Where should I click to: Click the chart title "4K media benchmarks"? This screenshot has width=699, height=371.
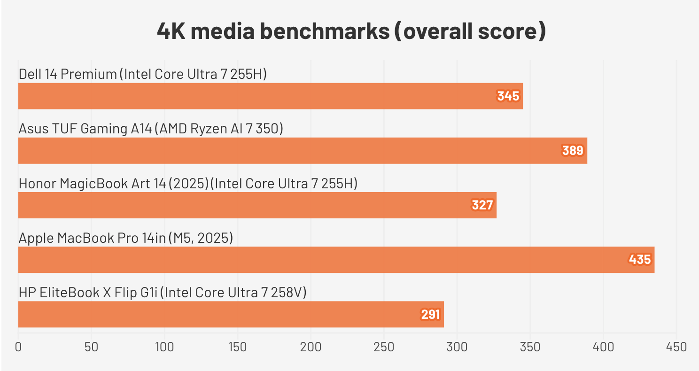[351, 31]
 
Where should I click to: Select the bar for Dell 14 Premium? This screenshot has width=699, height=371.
[270, 96]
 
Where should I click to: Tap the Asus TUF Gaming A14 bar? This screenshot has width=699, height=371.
[303, 151]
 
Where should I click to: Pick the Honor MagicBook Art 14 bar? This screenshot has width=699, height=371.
[257, 205]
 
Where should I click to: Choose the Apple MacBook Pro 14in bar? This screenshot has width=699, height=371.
[336, 260]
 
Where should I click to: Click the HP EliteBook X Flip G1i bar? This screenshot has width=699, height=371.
[231, 314]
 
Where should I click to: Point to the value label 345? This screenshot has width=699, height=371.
[508, 96]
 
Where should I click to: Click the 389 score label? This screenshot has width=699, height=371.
[573, 151]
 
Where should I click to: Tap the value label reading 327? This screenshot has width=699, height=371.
[482, 205]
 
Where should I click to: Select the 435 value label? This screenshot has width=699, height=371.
[640, 260]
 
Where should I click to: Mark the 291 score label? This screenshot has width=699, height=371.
[430, 314]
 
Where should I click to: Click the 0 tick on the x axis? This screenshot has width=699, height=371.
[18, 348]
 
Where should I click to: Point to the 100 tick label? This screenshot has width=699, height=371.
[164, 348]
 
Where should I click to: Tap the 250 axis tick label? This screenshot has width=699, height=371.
[384, 348]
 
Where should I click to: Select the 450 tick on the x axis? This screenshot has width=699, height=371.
[676, 348]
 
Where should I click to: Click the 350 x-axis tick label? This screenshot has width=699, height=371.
[530, 348]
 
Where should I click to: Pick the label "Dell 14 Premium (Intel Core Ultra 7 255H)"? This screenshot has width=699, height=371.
[143, 74]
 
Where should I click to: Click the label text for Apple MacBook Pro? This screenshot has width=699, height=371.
[126, 238]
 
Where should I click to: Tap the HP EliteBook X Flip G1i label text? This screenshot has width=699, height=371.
[163, 293]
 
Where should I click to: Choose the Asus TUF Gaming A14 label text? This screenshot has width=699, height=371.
[151, 129]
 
